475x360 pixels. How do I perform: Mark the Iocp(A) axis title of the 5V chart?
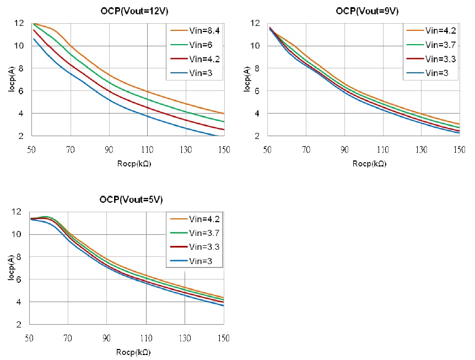tap(12, 268)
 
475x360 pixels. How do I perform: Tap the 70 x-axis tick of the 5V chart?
tap(68, 338)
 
